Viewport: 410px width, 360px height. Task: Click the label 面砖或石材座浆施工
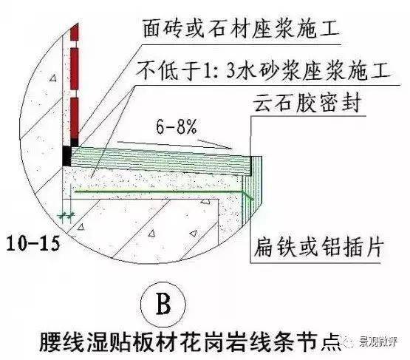click(241, 29)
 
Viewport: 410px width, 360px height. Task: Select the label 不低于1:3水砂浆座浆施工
click(264, 70)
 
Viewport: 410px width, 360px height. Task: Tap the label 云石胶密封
click(308, 103)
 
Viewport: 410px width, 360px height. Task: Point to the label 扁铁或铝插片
click(319, 247)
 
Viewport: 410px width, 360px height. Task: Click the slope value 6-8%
click(177, 127)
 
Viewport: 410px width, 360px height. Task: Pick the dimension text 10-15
click(33, 243)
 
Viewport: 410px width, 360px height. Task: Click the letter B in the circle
click(163, 305)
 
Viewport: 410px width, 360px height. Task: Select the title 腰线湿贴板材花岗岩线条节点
click(191, 342)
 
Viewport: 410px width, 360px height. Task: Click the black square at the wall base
click(67, 156)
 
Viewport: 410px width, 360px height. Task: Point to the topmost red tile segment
click(75, 32)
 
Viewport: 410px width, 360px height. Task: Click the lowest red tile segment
click(75, 118)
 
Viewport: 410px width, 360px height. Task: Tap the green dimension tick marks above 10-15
click(66, 216)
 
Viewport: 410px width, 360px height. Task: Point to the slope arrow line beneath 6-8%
click(174, 145)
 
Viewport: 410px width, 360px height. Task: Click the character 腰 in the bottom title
click(50, 342)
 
